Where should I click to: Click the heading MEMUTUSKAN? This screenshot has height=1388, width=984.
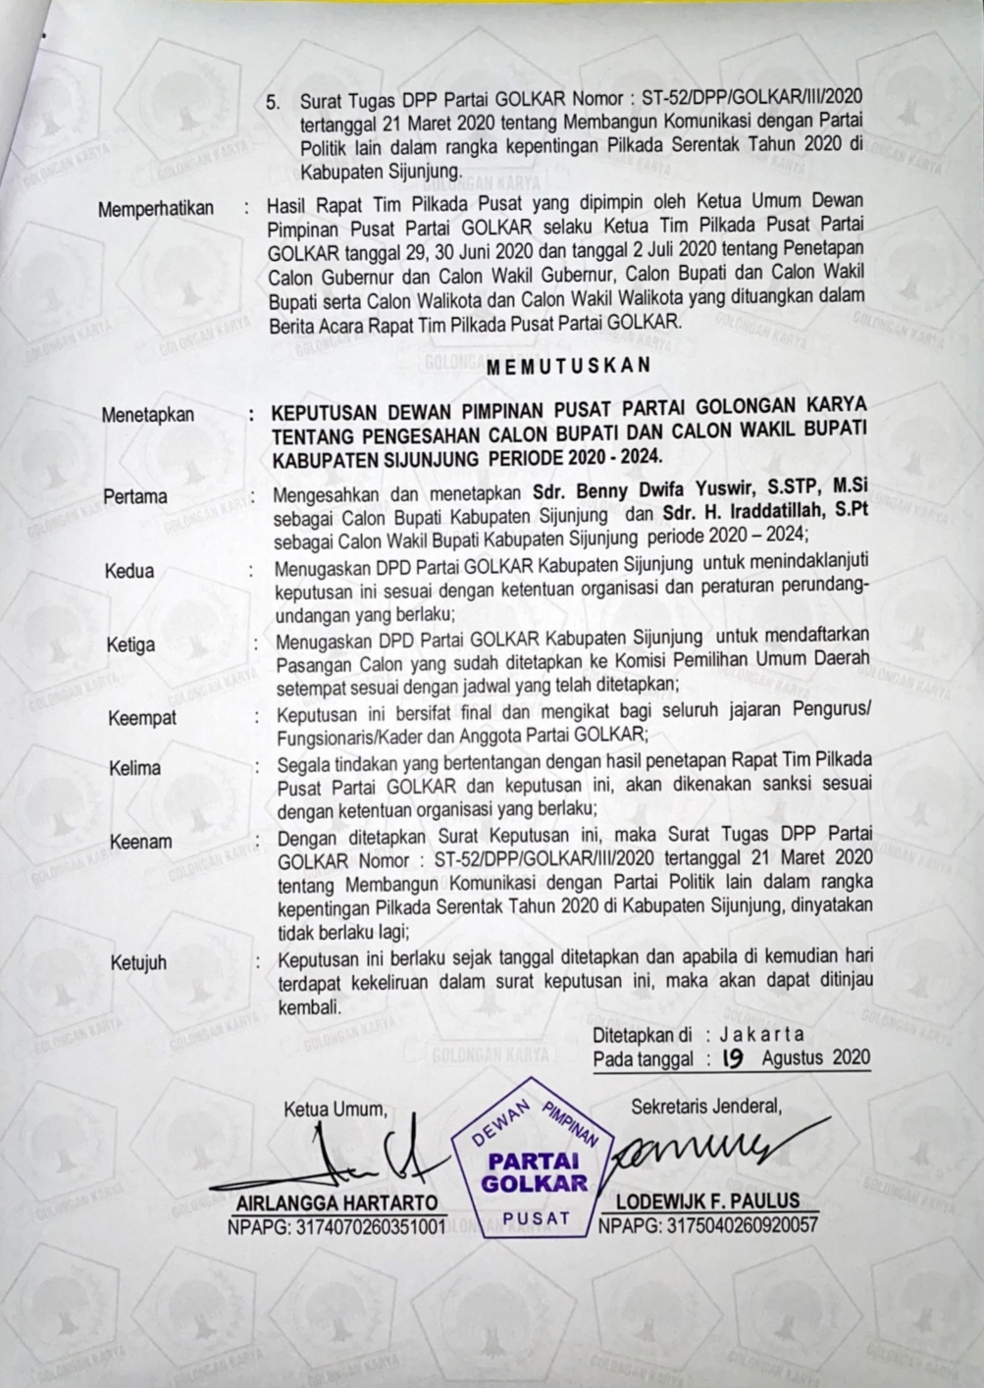568,364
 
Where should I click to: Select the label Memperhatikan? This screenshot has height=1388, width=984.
156,209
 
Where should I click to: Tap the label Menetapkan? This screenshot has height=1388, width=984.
148,415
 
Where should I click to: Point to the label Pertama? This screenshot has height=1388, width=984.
135,496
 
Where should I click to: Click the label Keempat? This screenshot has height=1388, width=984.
142,718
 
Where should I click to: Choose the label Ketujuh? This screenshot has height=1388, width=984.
138,962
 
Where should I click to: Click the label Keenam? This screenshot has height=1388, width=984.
140,841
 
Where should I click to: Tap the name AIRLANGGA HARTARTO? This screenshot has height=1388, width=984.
337,1203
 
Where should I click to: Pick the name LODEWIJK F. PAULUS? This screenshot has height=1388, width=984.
706,1201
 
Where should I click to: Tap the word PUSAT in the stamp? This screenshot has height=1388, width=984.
536,1219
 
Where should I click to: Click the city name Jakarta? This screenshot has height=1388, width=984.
761,1034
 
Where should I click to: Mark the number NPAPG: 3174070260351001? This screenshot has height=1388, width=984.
337,1225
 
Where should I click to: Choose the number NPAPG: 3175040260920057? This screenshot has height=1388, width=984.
707,1224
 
